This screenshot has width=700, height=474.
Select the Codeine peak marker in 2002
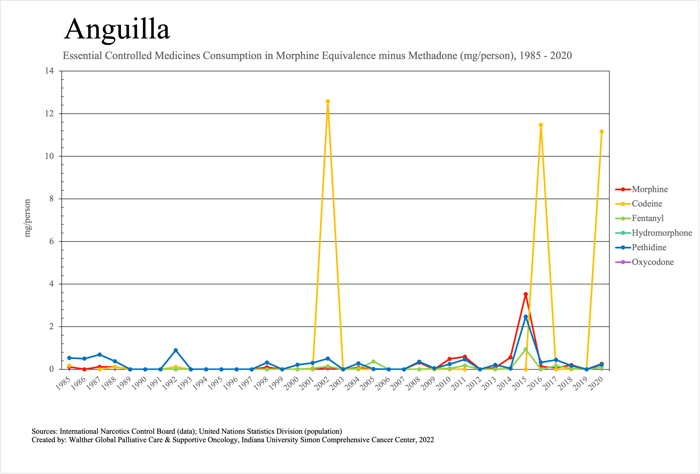[x=328, y=101]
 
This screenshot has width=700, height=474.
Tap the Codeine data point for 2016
[x=541, y=125]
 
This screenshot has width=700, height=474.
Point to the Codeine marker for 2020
[x=601, y=132]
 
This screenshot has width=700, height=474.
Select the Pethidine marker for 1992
[x=176, y=350]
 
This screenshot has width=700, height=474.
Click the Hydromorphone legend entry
[x=662, y=233]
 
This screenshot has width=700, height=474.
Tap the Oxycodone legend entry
[x=652, y=262]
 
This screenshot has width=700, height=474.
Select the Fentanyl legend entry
[x=648, y=218]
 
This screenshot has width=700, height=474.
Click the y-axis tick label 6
[x=51, y=241]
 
